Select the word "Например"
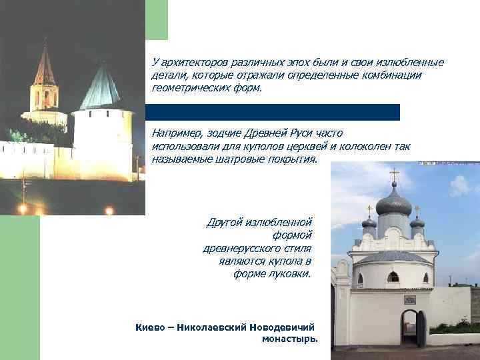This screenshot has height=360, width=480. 175,133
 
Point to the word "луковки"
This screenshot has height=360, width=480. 291,274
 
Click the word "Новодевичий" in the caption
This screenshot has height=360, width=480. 282,327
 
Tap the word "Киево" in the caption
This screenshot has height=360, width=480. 149,327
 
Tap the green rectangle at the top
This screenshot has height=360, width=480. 157,19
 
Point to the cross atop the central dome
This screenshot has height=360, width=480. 394,175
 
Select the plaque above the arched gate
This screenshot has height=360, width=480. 410,299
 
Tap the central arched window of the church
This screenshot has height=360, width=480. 393,277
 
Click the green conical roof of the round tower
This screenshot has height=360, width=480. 101,89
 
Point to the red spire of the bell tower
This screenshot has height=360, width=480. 45,67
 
